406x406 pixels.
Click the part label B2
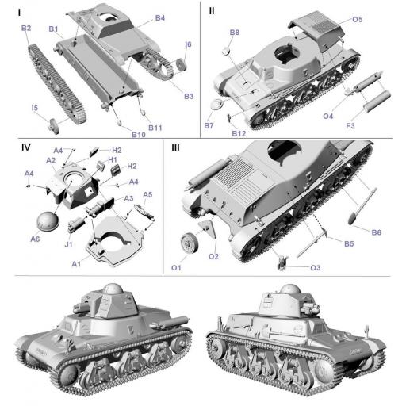pos(26,29)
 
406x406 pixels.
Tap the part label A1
pos(76,262)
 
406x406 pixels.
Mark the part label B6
pos(376,231)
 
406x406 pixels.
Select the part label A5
pos(147,194)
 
